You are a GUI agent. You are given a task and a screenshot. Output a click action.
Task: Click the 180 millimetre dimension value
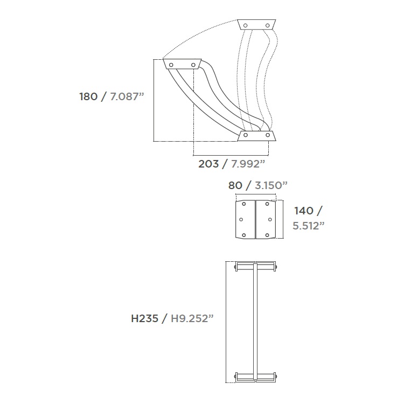point(88,96)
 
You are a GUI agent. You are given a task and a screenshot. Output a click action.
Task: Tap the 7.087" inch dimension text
point(127,96)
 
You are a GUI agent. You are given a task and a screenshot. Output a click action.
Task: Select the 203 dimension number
point(208,164)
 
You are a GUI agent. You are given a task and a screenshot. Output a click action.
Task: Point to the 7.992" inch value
point(248,164)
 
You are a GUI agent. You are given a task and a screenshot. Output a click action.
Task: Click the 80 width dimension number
point(235,185)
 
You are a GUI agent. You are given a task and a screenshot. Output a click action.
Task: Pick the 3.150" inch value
point(271,185)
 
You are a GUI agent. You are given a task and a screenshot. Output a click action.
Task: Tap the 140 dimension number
point(304,211)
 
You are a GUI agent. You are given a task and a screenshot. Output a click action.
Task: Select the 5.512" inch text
point(309,226)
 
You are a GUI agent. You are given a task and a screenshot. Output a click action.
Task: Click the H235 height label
point(144,319)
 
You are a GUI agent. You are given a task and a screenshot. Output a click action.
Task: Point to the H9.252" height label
point(192,319)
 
